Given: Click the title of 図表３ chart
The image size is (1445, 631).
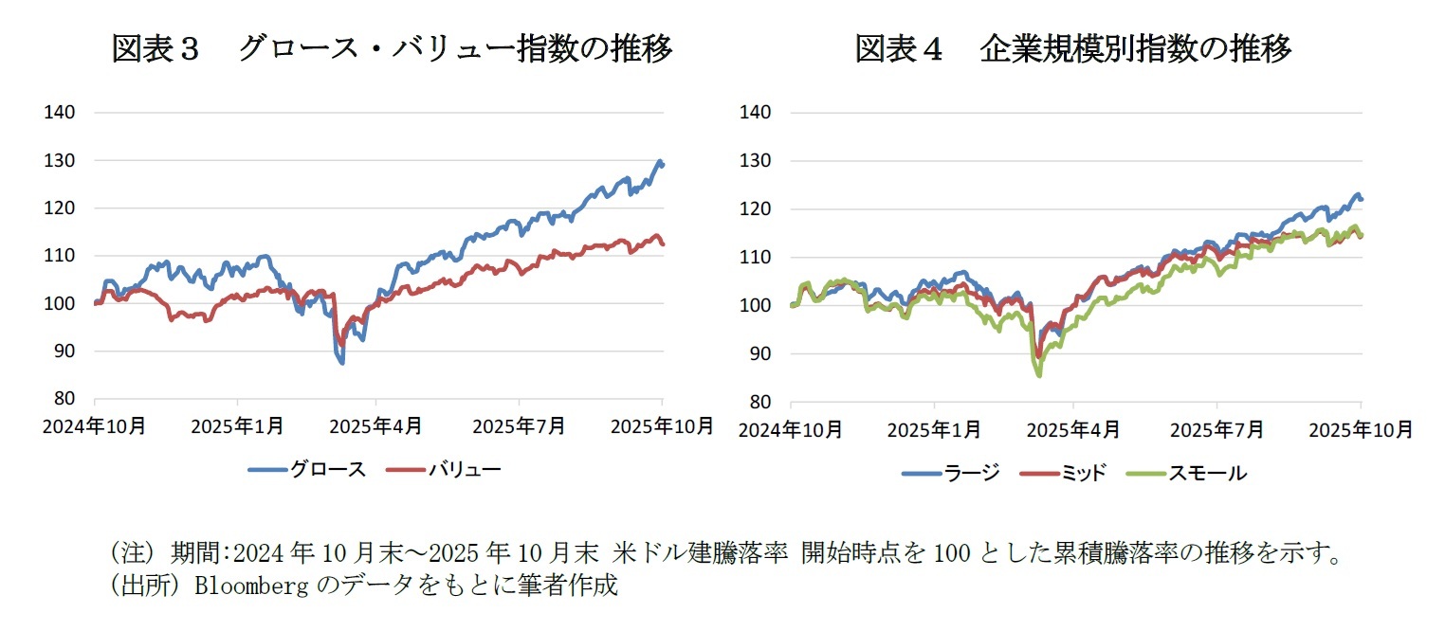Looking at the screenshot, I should coord(391,48).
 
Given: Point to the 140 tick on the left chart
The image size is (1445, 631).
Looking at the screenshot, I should coord(60,113).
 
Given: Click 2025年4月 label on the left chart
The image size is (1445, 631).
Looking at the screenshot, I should coord(376,427).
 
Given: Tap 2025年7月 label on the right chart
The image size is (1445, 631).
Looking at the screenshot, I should coord(1217,430).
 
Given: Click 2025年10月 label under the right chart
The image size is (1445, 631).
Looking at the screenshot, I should coord(1362,430).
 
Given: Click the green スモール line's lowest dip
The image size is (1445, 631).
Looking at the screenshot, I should coord(1039,375).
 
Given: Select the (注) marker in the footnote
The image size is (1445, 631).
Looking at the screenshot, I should coord(133,552).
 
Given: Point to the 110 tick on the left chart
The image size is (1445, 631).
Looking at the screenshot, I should coord(60,256).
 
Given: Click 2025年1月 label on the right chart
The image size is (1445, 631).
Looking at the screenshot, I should coord(934,430).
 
